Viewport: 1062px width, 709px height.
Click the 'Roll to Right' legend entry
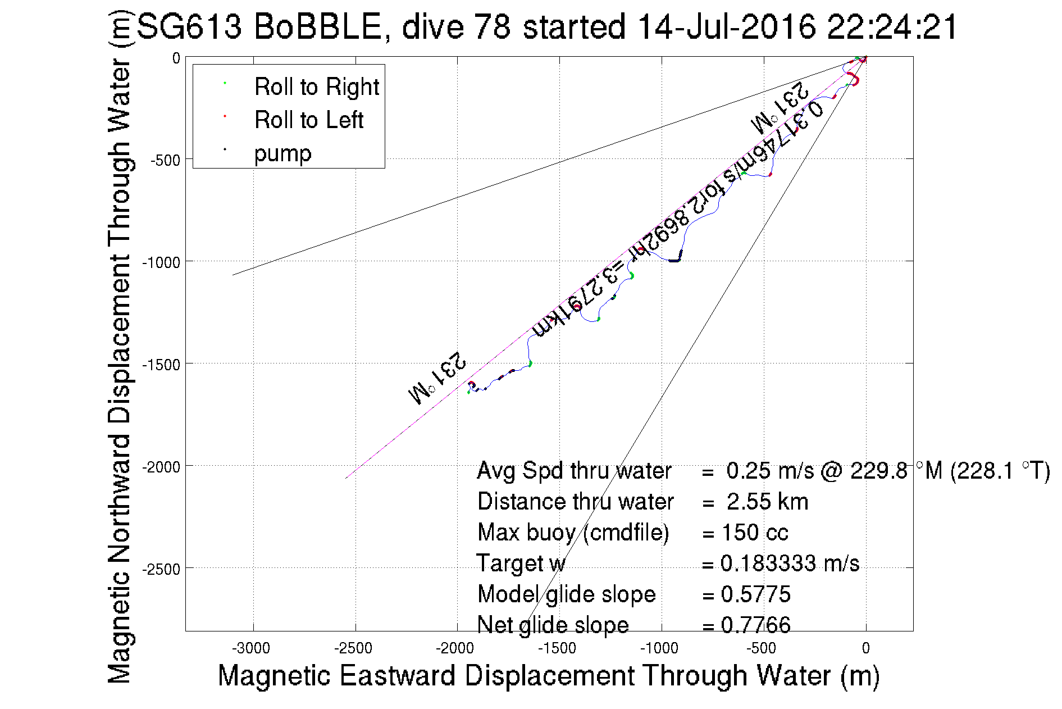click(x=316, y=87)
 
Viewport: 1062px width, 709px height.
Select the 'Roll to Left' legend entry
click(x=309, y=120)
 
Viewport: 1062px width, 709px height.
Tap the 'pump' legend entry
click(x=282, y=153)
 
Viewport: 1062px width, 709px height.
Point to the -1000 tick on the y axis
click(x=161, y=262)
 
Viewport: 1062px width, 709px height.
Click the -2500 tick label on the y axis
click(x=161, y=569)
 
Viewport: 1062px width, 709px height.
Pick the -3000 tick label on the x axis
click(x=252, y=648)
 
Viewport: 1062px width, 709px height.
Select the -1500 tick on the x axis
click(x=557, y=648)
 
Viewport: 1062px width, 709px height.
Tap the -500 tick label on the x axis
click(x=762, y=648)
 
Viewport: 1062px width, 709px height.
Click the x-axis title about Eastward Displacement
click(x=548, y=675)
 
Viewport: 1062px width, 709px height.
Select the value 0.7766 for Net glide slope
click(x=755, y=625)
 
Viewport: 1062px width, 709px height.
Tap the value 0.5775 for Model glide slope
click(x=755, y=594)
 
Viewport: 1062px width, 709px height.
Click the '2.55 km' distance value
click(x=767, y=502)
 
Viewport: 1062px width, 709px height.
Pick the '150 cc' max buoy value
click(x=755, y=533)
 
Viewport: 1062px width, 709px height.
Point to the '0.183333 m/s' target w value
click(x=790, y=563)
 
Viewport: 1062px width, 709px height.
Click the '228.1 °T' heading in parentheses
click(x=1000, y=471)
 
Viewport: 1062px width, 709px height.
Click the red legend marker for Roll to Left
click(x=225, y=116)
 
